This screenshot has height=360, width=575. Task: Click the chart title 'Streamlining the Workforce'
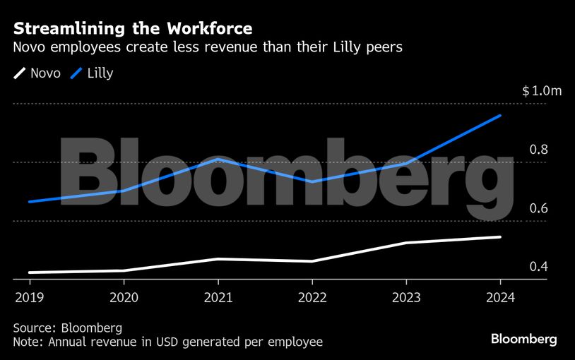[133, 29]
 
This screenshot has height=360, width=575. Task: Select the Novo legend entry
[37, 73]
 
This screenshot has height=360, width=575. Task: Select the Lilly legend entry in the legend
[91, 73]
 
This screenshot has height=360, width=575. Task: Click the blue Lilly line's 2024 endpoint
[500, 116]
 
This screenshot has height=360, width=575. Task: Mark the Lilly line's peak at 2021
[218, 160]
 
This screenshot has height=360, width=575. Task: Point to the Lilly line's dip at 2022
[312, 182]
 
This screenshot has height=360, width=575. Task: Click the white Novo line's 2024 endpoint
[500, 237]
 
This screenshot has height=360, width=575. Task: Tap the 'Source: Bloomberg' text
[68, 328]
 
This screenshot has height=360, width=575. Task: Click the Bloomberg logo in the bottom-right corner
[523, 340]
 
